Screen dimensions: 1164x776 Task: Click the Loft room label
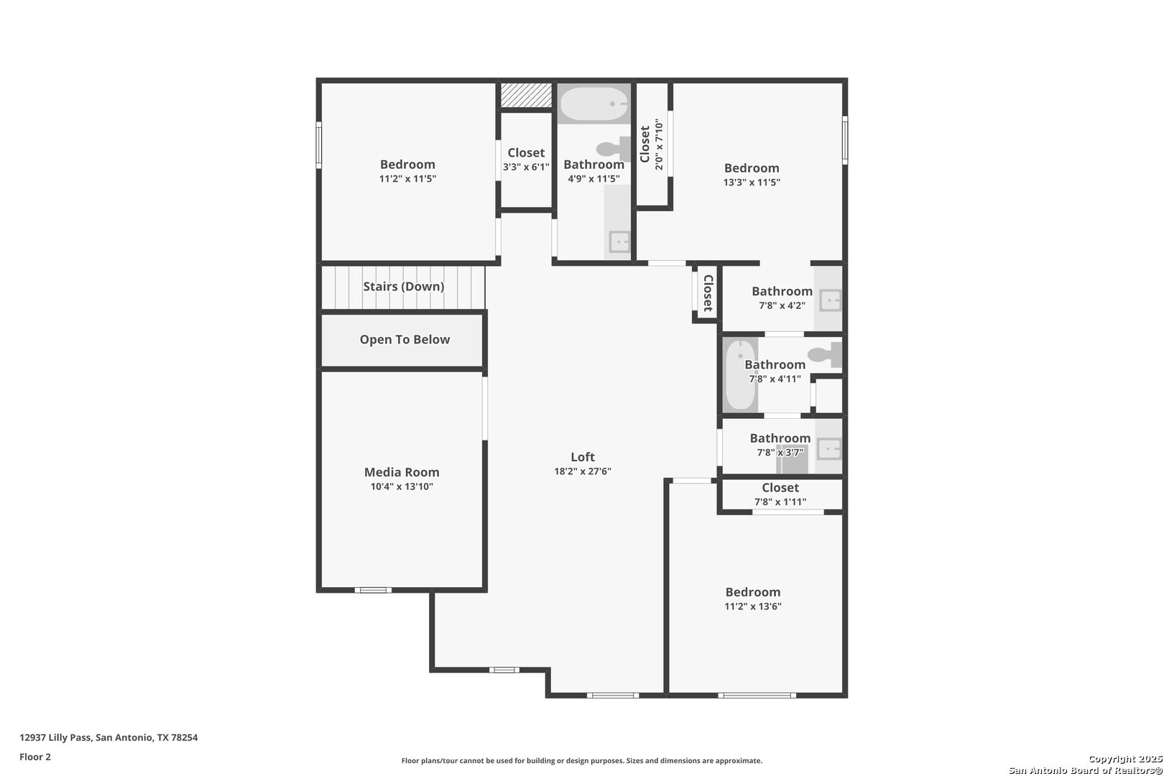[x=583, y=457]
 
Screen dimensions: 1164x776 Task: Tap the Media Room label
[x=402, y=472]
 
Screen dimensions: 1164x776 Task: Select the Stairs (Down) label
[x=403, y=287]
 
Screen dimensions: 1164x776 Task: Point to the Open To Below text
[x=405, y=339]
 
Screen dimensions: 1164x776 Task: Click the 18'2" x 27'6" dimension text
[x=583, y=471]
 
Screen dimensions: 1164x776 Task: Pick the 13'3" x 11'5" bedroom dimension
[x=752, y=183]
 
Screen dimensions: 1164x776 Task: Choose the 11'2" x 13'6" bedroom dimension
[x=753, y=606]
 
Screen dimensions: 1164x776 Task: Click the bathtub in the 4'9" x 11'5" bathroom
[x=594, y=104]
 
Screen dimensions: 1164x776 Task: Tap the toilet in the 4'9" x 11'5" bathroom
[x=614, y=149]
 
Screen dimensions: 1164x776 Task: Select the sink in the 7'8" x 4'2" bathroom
[x=830, y=300]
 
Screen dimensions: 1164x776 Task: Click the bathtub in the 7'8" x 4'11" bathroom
[x=741, y=374]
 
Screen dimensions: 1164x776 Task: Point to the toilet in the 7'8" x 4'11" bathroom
[x=825, y=355]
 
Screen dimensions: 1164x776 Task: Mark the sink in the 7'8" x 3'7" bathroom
[x=829, y=449]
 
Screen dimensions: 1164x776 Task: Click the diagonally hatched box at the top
[x=526, y=95]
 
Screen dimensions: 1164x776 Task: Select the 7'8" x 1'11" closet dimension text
[x=780, y=502]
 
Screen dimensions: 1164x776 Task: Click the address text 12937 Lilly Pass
[x=56, y=737]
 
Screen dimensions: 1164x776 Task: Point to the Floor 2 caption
[x=35, y=757]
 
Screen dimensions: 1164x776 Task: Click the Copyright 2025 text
[x=1125, y=759]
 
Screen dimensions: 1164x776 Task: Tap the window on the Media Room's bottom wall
[x=373, y=590]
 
